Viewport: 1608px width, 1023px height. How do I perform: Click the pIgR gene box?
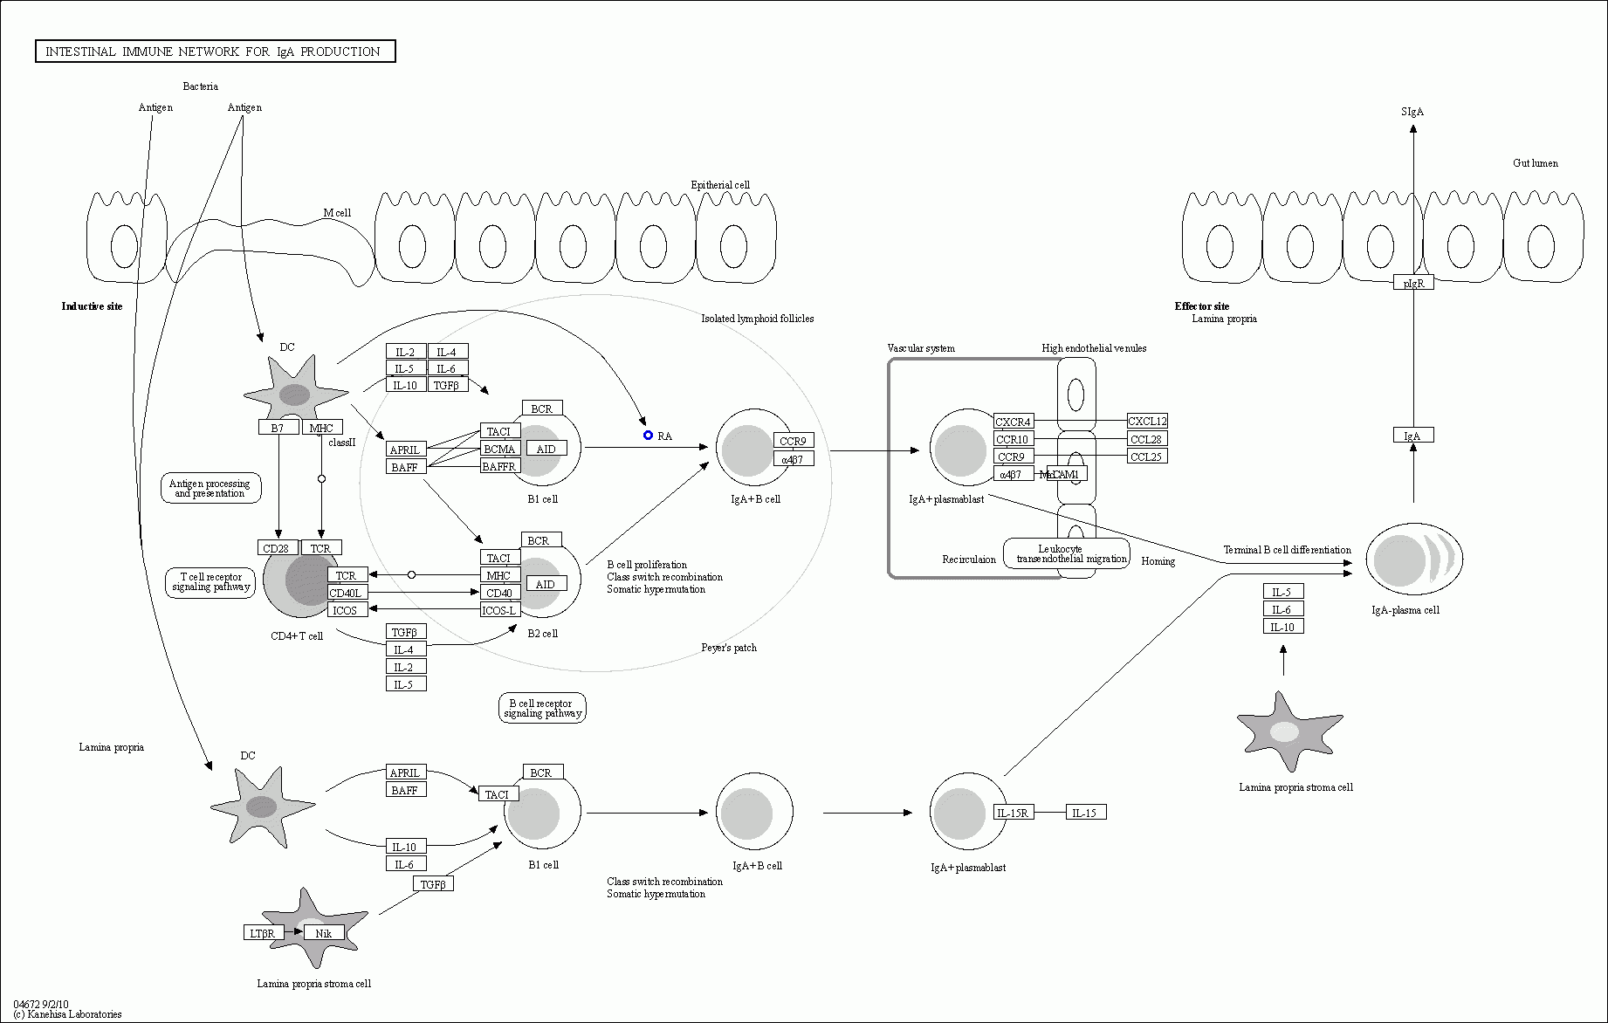[x=1413, y=283]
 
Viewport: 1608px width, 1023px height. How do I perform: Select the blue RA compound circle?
[x=648, y=435]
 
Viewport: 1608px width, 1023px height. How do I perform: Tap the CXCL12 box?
[x=1147, y=422]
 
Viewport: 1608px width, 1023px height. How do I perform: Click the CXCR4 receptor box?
[x=1014, y=422]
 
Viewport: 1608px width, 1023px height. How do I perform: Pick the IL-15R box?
[x=1014, y=813]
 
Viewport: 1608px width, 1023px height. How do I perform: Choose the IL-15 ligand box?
[x=1086, y=813]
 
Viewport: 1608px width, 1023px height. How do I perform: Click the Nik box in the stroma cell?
[x=324, y=933]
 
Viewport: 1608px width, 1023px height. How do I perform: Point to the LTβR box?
[x=264, y=933]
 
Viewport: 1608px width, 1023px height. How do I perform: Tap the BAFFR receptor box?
[x=500, y=466]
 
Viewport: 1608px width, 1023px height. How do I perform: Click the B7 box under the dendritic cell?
[x=278, y=428]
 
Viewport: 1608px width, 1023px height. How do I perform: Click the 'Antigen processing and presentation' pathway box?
[x=210, y=488]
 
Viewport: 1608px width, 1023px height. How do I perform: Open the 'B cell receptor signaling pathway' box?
[x=542, y=708]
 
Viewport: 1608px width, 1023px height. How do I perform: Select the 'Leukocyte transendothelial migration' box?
[x=1067, y=553]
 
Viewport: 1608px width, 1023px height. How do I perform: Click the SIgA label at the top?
[x=1412, y=112]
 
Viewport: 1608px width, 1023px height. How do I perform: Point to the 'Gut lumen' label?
[x=1536, y=163]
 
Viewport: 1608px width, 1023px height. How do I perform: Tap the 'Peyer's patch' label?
[x=729, y=648]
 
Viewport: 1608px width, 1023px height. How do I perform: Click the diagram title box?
[x=215, y=51]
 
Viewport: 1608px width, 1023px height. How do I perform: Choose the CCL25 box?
[x=1147, y=457]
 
